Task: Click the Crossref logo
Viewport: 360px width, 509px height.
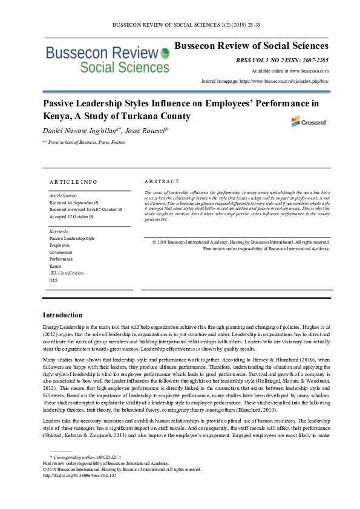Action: [303, 121]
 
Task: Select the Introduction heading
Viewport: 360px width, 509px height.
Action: [62, 315]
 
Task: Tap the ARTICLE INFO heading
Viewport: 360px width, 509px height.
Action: [73, 181]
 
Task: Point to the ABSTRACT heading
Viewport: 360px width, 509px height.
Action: [162, 181]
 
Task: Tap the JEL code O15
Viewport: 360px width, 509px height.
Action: [53, 280]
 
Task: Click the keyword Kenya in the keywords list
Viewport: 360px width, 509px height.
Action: [55, 266]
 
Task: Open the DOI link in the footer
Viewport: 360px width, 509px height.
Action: [79, 475]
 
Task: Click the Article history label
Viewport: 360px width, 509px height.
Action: [62, 196]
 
